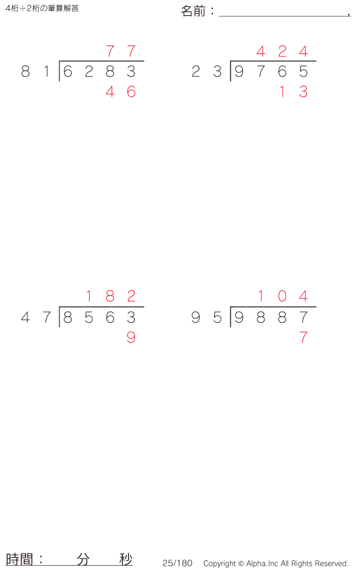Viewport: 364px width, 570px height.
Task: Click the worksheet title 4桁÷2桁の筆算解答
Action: [42, 9]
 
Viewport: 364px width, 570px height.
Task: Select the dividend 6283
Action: [99, 72]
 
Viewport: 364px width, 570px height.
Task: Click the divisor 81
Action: [36, 72]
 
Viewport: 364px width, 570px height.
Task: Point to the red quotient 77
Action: [121, 52]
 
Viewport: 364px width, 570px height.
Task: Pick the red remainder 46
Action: [121, 92]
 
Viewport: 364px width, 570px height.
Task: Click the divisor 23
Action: [207, 72]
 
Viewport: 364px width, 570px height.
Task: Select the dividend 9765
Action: [271, 72]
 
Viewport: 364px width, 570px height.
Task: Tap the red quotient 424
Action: [282, 52]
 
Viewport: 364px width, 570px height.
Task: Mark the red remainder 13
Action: [293, 92]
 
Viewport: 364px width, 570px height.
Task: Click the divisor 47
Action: [36, 317]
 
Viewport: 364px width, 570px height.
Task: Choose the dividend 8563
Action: [99, 317]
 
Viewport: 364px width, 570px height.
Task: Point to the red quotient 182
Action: [110, 297]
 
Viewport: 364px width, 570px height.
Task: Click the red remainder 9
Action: [131, 338]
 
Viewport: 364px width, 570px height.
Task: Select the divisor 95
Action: [207, 317]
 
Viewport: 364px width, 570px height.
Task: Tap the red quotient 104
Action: [282, 297]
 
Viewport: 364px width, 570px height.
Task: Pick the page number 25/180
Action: [177, 563]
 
